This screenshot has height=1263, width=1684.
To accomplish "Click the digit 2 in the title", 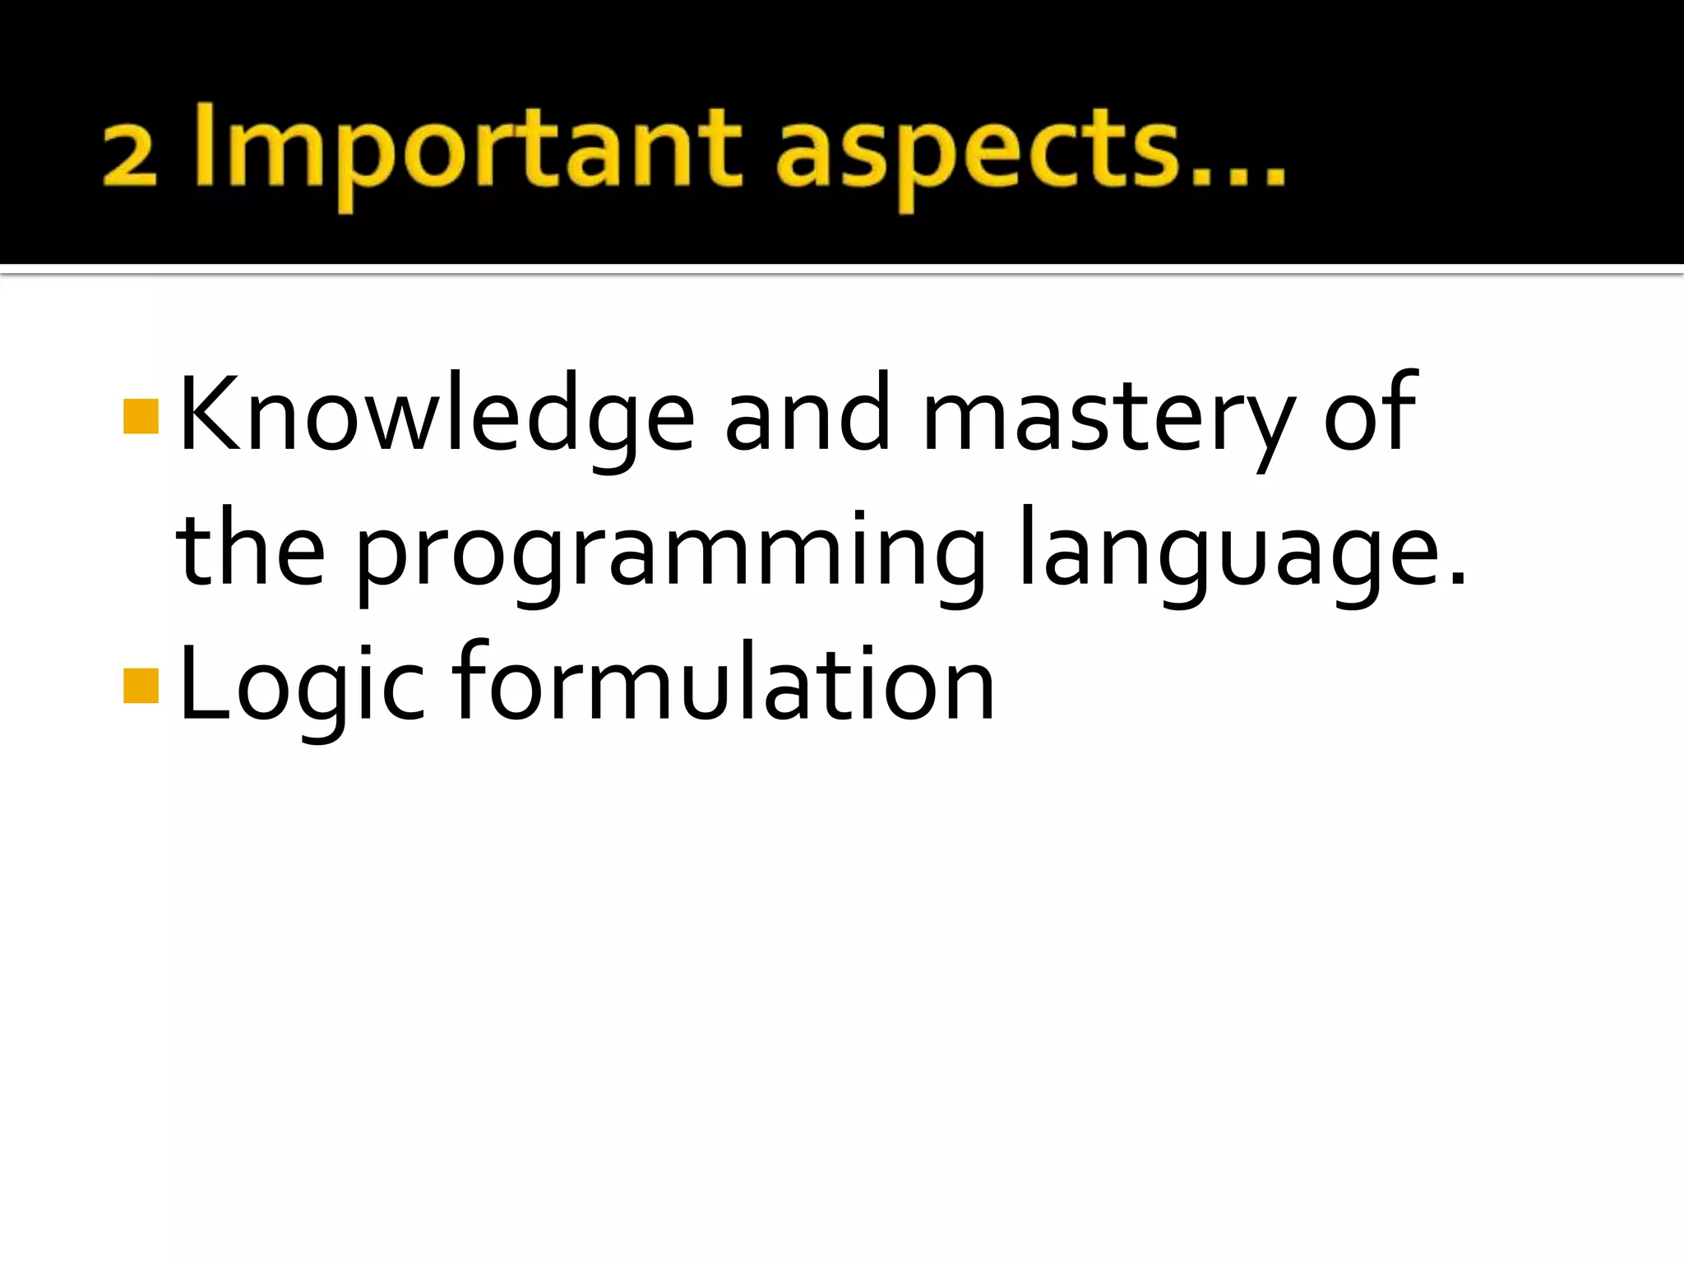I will pyautogui.click(x=130, y=156).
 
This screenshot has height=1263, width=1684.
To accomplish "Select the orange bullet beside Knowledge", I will pyautogui.click(x=141, y=416).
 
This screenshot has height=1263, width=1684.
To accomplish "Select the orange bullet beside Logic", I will pyautogui.click(x=141, y=686).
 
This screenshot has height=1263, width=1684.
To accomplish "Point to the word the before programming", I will pyautogui.click(x=251, y=549).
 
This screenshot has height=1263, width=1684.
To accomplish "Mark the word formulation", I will pyautogui.click(x=724, y=682).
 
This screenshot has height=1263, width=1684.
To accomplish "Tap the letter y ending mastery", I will pyautogui.click(x=1270, y=428).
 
